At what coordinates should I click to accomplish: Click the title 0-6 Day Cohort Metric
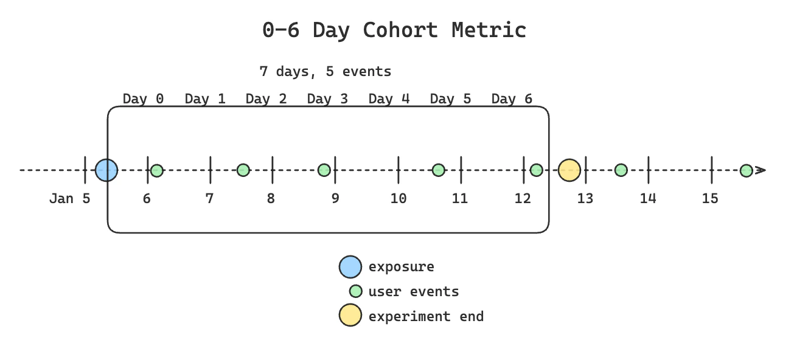394,30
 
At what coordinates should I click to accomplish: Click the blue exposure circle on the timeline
106,170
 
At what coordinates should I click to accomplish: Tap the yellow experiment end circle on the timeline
569,170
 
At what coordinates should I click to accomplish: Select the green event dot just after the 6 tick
157,170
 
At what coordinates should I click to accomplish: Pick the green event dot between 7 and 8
243,170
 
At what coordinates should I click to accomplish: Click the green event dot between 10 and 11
438,170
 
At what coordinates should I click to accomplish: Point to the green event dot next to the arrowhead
746,170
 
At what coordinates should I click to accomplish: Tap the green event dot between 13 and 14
621,170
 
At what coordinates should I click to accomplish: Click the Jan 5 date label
69,198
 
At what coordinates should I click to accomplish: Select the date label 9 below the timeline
335,198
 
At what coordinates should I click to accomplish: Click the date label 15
710,198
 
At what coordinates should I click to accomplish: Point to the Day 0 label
143,99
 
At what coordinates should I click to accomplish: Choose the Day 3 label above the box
327,99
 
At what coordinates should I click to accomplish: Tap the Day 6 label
512,99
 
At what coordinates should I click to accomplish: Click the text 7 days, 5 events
325,71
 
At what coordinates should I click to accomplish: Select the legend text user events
413,291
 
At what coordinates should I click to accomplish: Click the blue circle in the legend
350,266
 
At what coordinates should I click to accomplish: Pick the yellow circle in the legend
350,316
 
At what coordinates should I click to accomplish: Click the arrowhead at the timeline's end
760,170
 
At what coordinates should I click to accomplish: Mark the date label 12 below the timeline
521,198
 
